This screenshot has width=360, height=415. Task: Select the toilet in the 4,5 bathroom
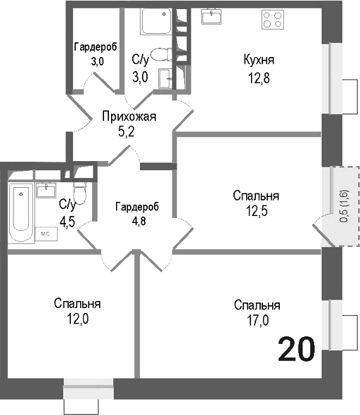coord(79,191)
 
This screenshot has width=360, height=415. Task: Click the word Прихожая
coord(127,116)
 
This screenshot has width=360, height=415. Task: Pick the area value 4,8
coord(137,219)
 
